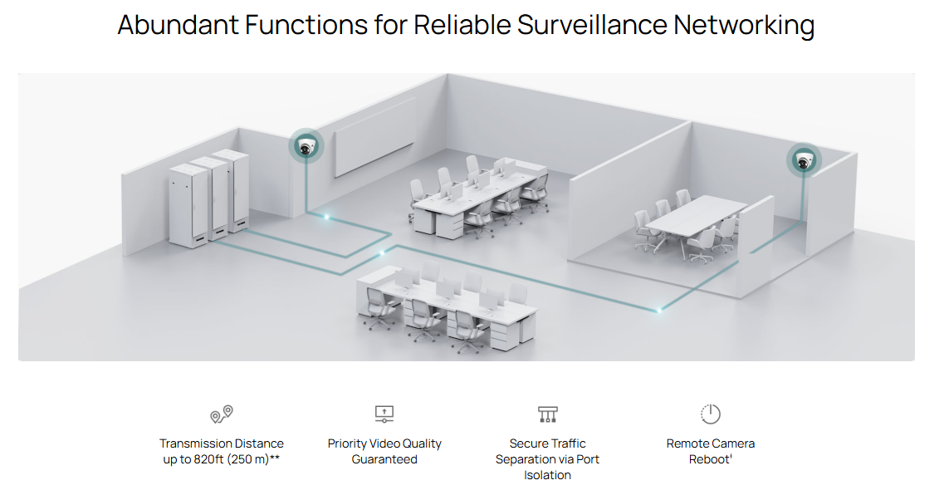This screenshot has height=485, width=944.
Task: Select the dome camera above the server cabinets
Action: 307,148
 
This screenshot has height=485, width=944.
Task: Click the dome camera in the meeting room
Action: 803,161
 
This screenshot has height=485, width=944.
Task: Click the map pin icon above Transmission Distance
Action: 222,414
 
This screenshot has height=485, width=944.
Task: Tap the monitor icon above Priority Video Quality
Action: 384,414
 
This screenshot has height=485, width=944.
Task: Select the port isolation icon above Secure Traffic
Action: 547,414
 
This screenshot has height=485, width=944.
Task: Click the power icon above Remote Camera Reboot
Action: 711,414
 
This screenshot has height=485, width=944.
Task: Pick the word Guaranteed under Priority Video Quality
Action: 384,459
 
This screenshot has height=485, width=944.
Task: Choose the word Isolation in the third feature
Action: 547,475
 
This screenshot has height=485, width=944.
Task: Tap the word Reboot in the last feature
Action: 708,459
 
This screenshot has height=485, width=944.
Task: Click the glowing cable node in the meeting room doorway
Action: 660,310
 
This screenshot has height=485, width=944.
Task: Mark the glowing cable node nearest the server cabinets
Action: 326,218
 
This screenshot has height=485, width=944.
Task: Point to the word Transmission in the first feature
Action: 193,443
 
